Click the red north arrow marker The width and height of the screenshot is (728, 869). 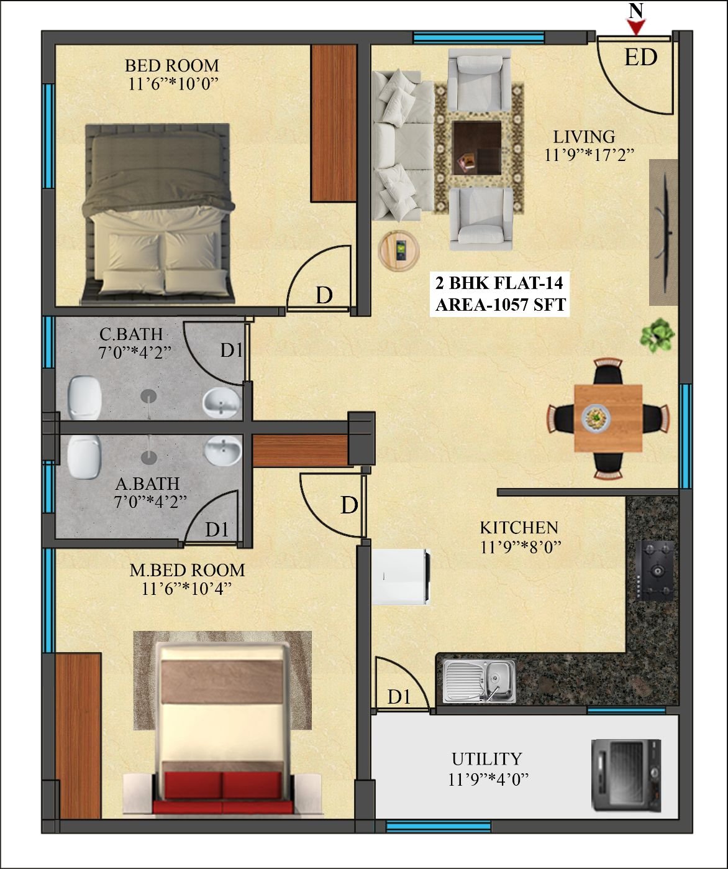tap(636, 27)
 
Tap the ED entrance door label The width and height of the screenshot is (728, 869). tap(641, 57)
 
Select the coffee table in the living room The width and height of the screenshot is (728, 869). tap(476, 148)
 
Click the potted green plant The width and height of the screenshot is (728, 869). tap(657, 336)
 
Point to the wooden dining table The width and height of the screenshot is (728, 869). tap(608, 418)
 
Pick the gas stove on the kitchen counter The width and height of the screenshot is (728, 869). tap(654, 570)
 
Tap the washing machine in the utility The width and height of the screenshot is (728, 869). tap(627, 775)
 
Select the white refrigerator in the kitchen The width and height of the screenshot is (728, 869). tap(401, 576)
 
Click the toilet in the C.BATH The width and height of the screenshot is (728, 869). tap(85, 397)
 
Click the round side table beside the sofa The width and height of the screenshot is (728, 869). tap(399, 251)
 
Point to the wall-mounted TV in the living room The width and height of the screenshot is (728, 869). tap(664, 232)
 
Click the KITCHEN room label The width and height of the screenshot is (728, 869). tap(519, 528)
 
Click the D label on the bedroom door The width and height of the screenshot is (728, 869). tap(324, 295)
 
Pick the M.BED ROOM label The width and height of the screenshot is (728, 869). tap(187, 570)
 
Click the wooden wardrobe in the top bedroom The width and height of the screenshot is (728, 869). tap(334, 123)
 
